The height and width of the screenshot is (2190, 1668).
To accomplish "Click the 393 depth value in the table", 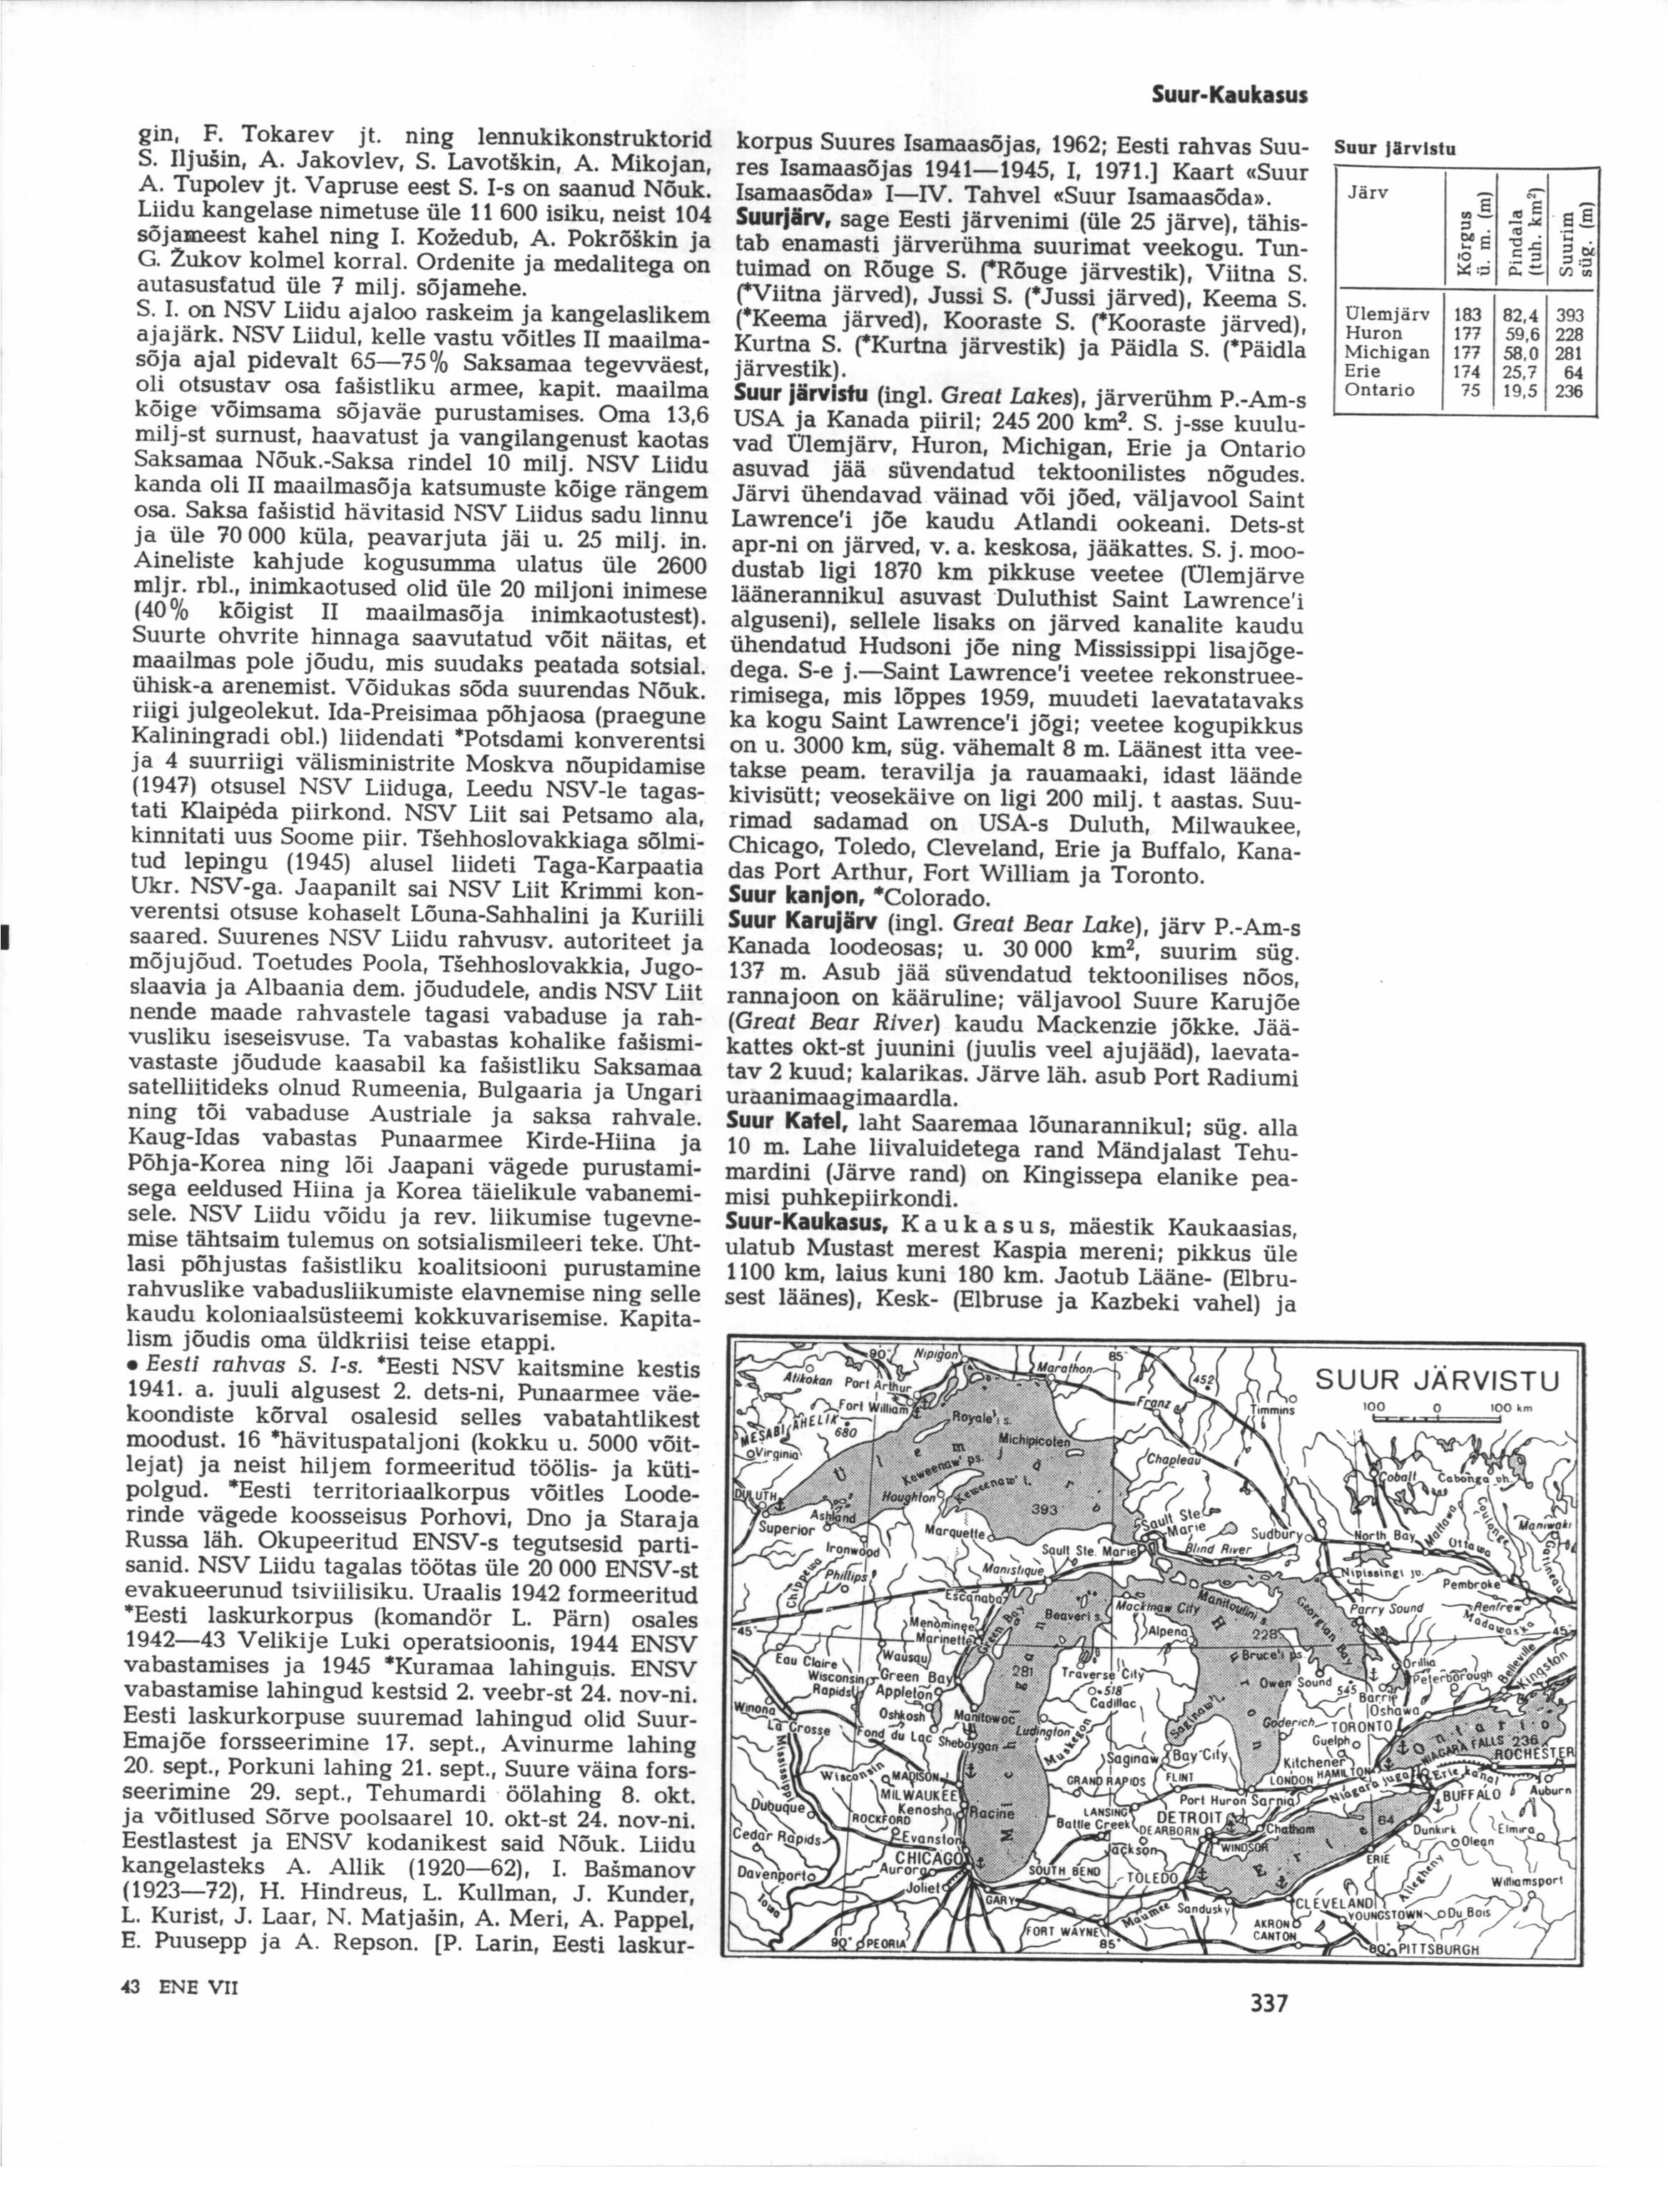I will click(1567, 317).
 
